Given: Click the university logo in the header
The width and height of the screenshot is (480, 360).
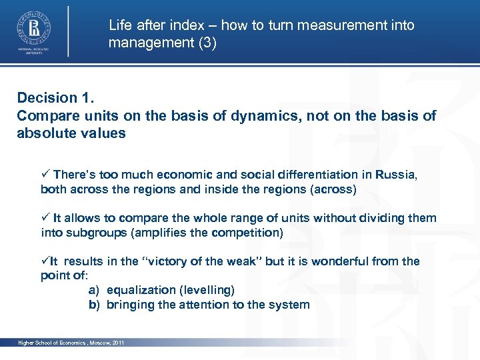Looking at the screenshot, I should (x=32, y=29).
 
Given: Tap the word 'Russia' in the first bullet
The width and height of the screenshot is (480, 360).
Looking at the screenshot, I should (x=395, y=175).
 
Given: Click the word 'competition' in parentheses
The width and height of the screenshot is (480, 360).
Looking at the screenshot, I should (x=246, y=233).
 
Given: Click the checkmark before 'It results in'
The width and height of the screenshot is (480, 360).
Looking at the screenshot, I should (x=45, y=261).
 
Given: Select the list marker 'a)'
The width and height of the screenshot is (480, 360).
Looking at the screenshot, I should (x=94, y=291).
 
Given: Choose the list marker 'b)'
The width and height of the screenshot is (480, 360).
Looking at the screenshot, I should (x=94, y=305).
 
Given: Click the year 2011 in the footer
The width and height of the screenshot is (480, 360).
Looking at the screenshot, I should (x=118, y=343).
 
